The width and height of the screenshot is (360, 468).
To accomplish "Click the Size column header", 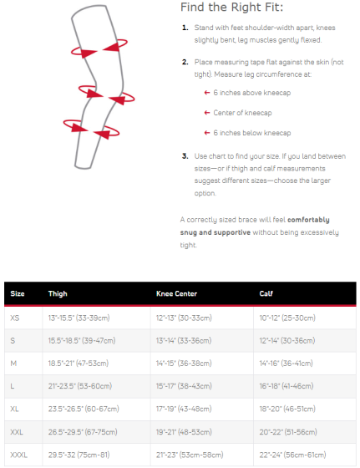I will click(x=17, y=294).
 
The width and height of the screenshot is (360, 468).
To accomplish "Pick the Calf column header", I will click(x=265, y=294).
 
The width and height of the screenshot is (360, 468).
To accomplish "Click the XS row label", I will click(x=15, y=318).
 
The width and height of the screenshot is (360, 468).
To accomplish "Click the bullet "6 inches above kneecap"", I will click(x=250, y=93).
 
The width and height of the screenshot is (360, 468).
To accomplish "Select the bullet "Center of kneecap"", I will click(x=242, y=112).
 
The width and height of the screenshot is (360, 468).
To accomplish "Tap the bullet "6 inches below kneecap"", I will click(x=250, y=132).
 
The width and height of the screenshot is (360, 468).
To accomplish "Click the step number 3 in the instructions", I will click(x=184, y=155).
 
